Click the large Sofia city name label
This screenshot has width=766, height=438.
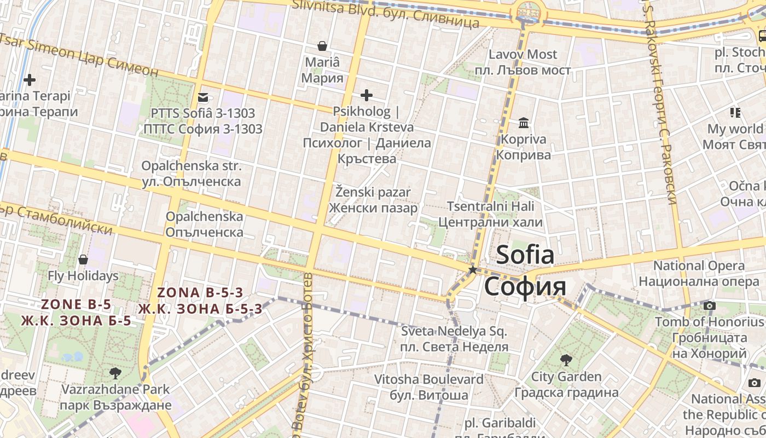(525, 271)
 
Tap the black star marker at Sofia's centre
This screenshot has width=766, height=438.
(473, 270)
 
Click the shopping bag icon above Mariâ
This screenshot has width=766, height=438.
(322, 46)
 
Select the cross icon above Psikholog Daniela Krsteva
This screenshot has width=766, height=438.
(367, 95)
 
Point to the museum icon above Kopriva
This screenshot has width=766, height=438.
(524, 123)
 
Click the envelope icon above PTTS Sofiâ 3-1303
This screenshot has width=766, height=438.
(203, 97)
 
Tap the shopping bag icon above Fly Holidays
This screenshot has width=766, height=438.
(83, 259)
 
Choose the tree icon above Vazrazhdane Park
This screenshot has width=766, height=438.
(115, 373)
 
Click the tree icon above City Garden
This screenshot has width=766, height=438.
(566, 360)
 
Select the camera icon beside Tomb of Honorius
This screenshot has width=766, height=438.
(710, 306)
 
